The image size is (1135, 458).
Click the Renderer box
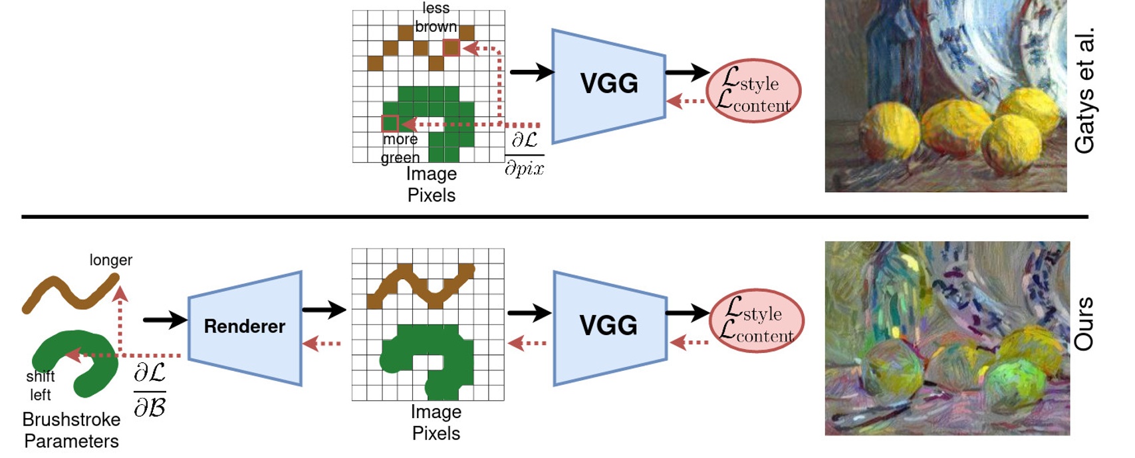pyautogui.click(x=245, y=327)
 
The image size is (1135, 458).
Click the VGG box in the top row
pyautogui.click(x=608, y=84)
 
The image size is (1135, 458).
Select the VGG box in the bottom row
pyautogui.click(x=609, y=326)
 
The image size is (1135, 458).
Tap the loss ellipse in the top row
pyautogui.click(x=753, y=91)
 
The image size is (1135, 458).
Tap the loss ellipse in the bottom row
pyautogui.click(x=757, y=321)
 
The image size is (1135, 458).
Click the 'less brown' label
pyautogui.click(x=436, y=18)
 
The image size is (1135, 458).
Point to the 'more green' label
pyautogui.click(x=400, y=148)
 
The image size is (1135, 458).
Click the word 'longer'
pyautogui.click(x=111, y=260)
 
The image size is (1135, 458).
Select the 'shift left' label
pyautogui.click(x=40, y=386)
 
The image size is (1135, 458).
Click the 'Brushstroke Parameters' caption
pyautogui.click(x=71, y=430)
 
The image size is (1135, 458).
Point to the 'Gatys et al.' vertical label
pyautogui.click(x=1085, y=91)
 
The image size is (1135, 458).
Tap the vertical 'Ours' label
pyautogui.click(x=1084, y=324)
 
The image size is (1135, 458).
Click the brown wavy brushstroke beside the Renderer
pyautogui.click(x=70, y=294)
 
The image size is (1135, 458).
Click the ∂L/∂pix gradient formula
pyautogui.click(x=524, y=154)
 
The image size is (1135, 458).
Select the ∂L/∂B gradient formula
pyautogui.click(x=150, y=390)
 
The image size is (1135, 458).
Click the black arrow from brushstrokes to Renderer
pyautogui.click(x=164, y=320)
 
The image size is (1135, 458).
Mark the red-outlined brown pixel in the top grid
pyautogui.click(x=451, y=48)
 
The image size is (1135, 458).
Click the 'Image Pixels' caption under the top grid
pyautogui.click(x=432, y=184)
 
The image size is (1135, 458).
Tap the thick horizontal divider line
pyautogui.click(x=555, y=217)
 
